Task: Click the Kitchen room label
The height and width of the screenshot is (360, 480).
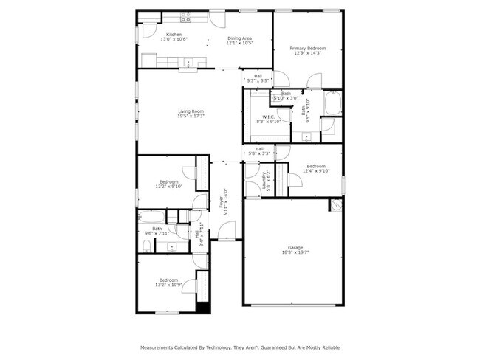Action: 174,35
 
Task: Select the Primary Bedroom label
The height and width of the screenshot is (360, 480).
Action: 309,49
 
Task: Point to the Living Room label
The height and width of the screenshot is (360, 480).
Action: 190,111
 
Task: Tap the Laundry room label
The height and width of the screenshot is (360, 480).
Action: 263,178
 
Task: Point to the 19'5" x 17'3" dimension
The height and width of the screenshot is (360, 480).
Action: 190,116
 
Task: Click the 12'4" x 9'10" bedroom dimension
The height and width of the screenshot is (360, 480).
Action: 316,171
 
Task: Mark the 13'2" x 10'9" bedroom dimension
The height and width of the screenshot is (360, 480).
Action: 169,285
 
